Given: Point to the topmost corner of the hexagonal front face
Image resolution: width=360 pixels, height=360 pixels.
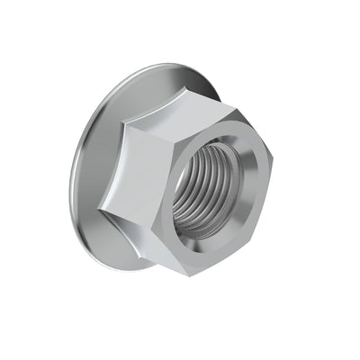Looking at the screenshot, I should (x=236, y=110).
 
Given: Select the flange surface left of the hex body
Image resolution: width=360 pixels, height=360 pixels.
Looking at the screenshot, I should (x=90, y=171).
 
